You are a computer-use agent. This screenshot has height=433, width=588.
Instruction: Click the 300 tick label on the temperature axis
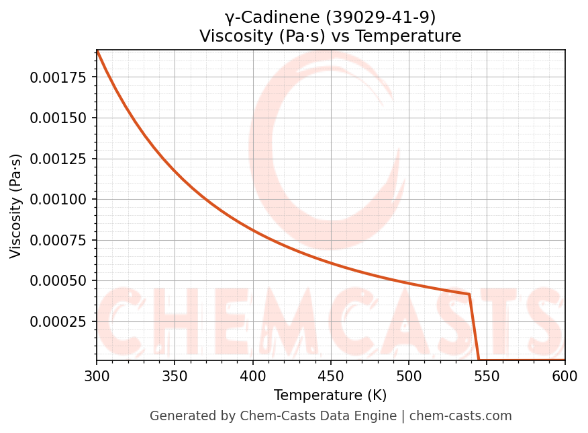tap(97, 377)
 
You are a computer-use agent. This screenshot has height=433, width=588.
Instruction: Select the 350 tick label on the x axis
tap(175, 377)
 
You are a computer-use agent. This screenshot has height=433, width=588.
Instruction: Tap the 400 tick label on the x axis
tap(252, 377)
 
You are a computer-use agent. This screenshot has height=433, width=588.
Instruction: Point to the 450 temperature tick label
tap(330, 377)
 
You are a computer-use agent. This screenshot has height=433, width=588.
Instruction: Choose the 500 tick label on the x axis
tap(408, 377)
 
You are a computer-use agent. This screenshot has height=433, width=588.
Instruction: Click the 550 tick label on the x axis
tap(487, 377)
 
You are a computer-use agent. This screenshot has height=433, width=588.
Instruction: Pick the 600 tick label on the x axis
tap(565, 377)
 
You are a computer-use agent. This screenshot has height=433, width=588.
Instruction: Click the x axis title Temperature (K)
tap(330, 395)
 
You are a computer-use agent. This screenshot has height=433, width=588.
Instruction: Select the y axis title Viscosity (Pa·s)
tap(16, 206)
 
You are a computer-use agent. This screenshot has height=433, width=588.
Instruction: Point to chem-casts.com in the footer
tap(460, 416)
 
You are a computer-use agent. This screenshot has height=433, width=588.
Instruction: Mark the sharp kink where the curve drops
tap(469, 294)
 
